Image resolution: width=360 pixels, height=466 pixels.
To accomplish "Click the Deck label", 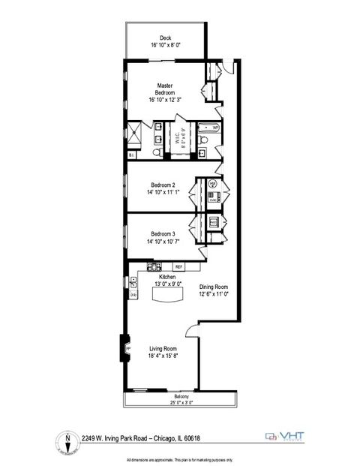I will [x=165, y=39].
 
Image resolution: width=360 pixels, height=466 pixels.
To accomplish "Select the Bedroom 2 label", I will [x=163, y=185].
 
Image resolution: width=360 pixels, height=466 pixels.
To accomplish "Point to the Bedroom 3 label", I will [x=163, y=233].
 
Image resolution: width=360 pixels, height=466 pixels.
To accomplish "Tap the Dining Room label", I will [x=213, y=287].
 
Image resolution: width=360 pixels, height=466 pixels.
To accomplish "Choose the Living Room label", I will [x=162, y=348].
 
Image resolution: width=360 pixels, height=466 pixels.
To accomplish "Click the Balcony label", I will [x=181, y=397].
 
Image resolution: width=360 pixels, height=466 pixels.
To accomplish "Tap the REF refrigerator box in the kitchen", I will [x=178, y=266].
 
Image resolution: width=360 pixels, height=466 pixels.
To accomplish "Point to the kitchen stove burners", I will [x=155, y=266].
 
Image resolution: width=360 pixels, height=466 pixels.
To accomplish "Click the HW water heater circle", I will [x=212, y=183].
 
